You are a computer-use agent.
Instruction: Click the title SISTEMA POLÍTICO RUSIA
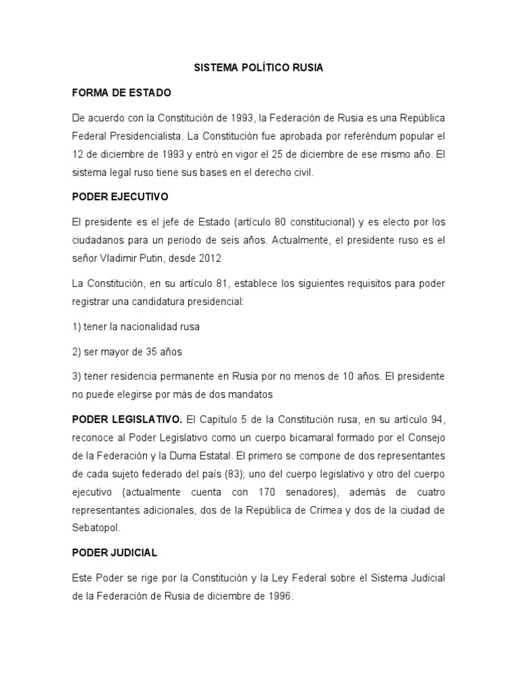pyautogui.click(x=258, y=68)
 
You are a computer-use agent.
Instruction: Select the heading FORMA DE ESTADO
pyautogui.click(x=122, y=92)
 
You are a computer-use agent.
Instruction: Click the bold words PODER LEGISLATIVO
pyautogui.click(x=127, y=418)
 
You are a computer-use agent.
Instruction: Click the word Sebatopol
pyautogui.click(x=98, y=528)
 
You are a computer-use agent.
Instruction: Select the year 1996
pyautogui.click(x=280, y=597)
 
